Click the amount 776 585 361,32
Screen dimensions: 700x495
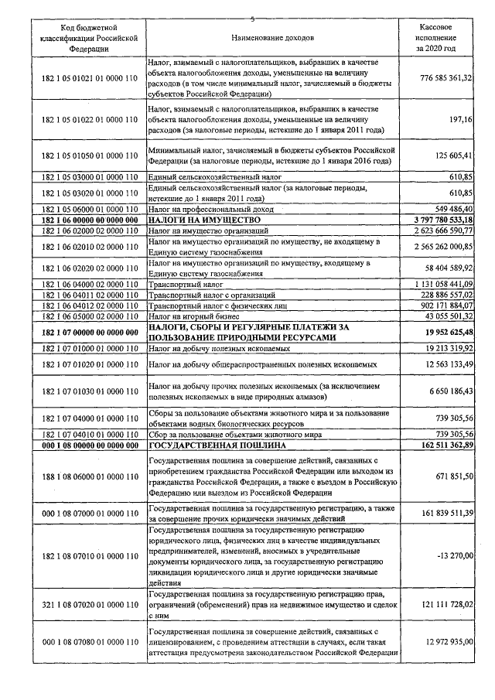click(x=435, y=79)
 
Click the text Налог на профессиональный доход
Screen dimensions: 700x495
click(x=200, y=210)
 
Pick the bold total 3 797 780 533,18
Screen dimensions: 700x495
click(x=433, y=220)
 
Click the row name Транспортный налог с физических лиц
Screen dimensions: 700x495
click(x=213, y=306)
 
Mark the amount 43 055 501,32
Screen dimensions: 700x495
click(x=439, y=316)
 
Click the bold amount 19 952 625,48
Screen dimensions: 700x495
click(x=438, y=333)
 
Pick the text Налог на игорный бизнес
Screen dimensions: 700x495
click(x=186, y=316)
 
